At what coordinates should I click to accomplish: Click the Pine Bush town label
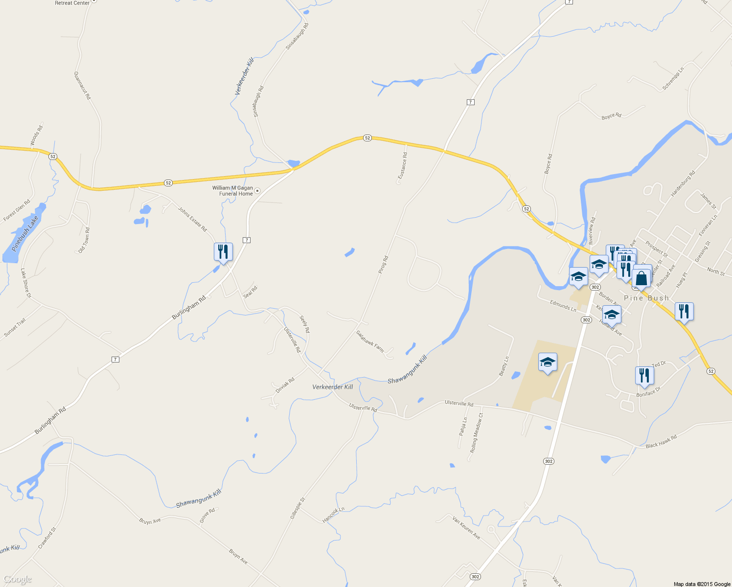tap(646, 298)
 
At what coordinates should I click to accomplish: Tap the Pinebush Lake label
tap(24, 234)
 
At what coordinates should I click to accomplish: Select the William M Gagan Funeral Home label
tap(233, 191)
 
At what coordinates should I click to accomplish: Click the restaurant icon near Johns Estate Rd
tap(223, 252)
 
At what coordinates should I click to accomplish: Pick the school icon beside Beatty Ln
tap(548, 362)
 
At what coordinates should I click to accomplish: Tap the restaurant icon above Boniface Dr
tap(644, 375)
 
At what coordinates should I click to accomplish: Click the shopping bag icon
tap(641, 279)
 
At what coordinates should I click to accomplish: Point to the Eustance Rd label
tap(402, 165)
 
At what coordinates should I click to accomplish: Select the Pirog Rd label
tap(383, 264)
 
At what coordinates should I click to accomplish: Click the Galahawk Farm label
tap(370, 341)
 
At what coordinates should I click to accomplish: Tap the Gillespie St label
tap(297, 509)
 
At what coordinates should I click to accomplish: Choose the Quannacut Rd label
tap(82, 86)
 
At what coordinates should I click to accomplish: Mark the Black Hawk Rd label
tap(661, 442)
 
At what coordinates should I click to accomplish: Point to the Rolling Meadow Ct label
tap(477, 432)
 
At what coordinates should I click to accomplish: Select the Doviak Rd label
tap(285, 385)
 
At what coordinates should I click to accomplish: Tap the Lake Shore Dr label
tap(26, 283)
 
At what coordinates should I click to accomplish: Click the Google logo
tap(18, 580)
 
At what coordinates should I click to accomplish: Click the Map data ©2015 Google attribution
tap(702, 584)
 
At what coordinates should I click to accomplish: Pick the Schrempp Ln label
tap(673, 78)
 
